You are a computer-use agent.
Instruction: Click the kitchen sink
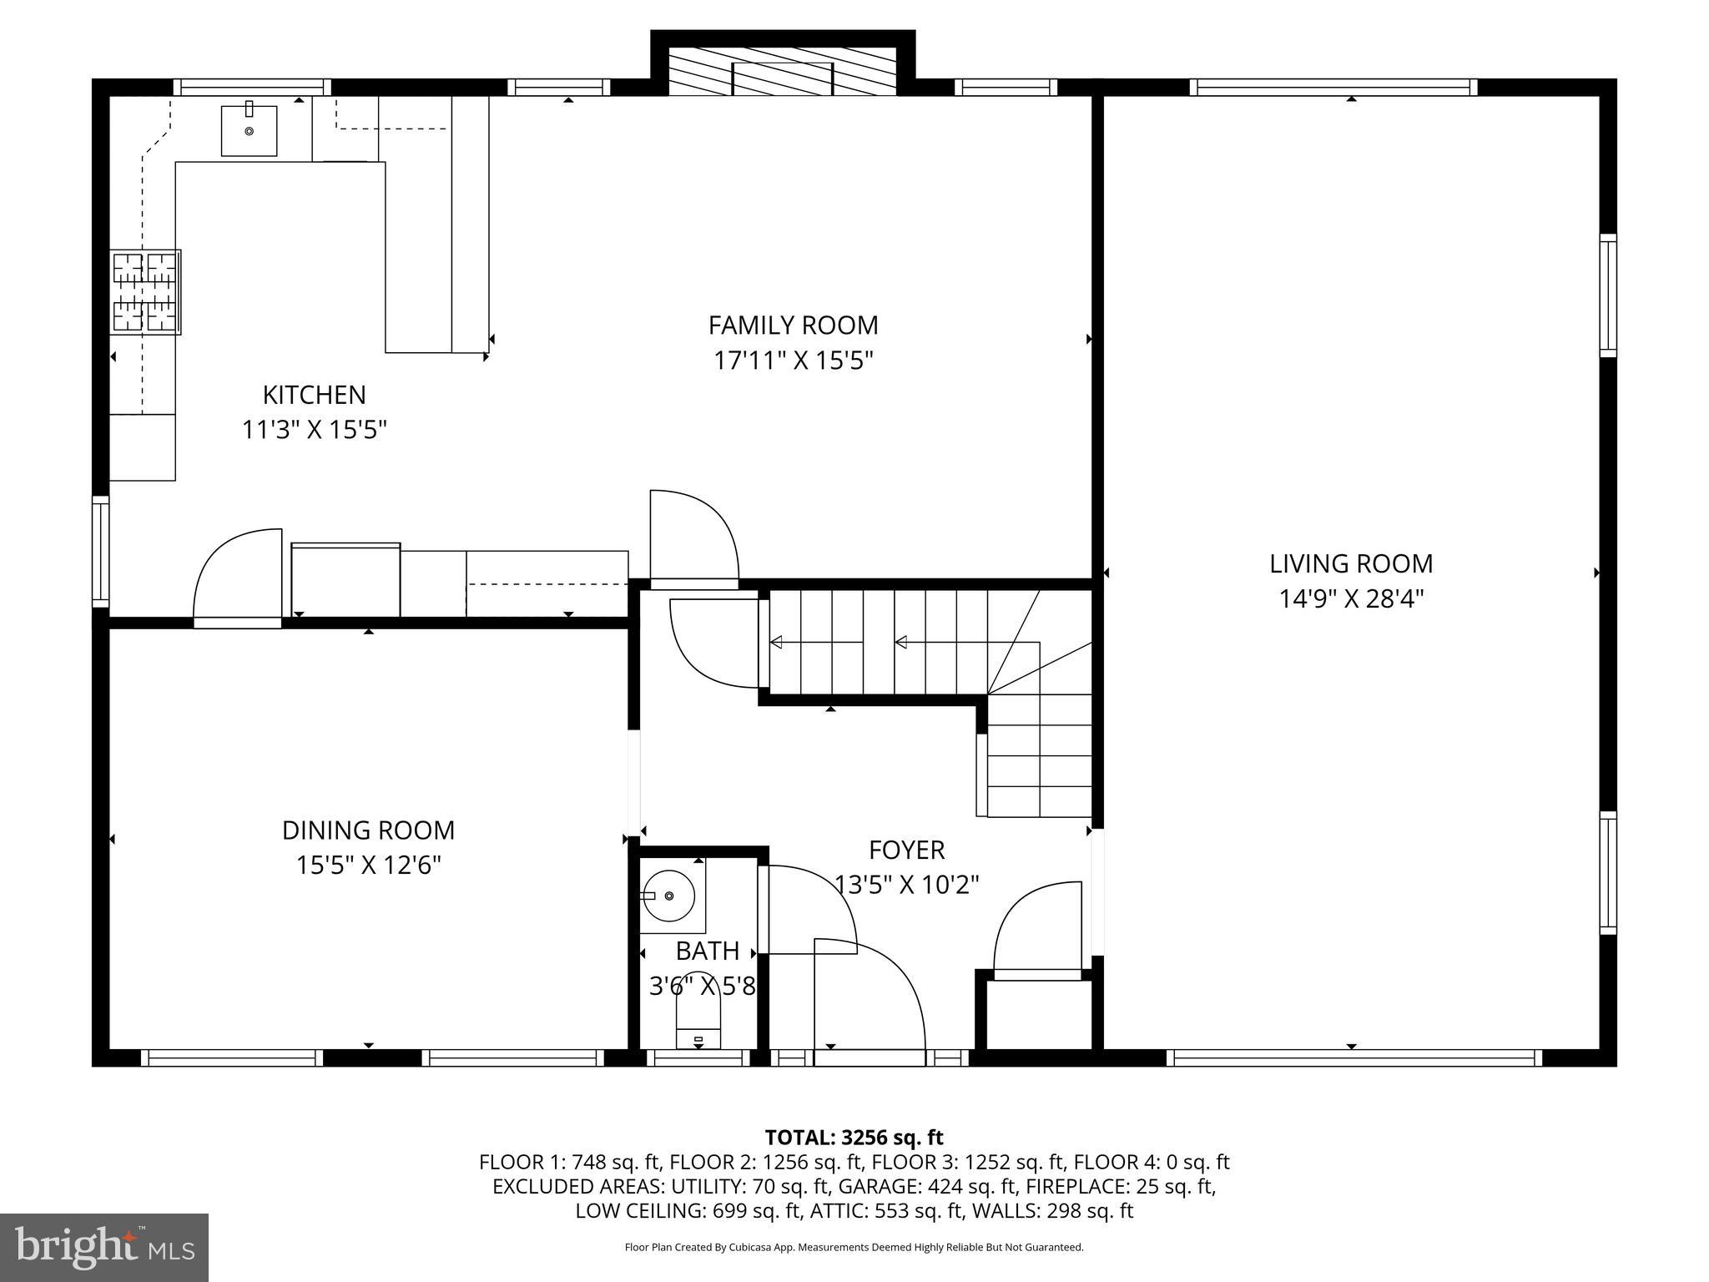tap(249, 129)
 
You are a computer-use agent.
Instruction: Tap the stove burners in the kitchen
tap(146, 292)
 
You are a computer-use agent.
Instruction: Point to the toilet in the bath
tap(698, 1023)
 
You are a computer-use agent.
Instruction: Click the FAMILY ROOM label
tap(793, 325)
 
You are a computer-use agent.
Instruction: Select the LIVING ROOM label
tap(1351, 564)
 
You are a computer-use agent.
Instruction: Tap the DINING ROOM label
tap(368, 830)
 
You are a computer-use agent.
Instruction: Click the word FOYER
tap(906, 850)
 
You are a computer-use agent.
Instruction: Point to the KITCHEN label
tap(315, 395)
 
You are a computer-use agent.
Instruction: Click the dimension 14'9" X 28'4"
tap(1351, 599)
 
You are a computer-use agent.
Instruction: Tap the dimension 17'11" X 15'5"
tap(793, 361)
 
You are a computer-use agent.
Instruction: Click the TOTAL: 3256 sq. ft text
tap(854, 1138)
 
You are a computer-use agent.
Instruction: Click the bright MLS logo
tap(104, 1247)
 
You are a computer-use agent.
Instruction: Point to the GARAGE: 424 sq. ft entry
tap(927, 1186)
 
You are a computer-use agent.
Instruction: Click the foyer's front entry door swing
tap(870, 1002)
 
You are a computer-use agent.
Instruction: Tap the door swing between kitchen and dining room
tap(237, 577)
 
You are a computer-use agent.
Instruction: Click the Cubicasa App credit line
tap(854, 1248)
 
